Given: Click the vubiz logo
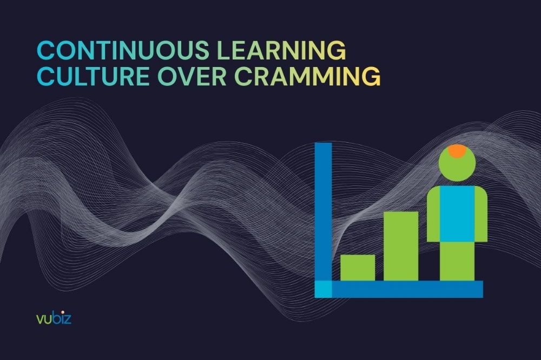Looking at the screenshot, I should point(54,318).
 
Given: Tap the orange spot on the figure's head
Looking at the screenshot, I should point(457,151).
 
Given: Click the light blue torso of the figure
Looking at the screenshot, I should point(457,214).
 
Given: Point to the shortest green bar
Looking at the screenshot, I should point(358,268).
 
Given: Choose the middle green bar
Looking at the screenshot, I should point(401,246).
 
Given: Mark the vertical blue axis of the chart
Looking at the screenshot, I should point(323,211).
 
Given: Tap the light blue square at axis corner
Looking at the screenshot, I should point(323,289).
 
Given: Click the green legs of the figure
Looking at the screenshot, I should point(457,261).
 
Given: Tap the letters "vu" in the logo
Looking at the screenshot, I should point(43,319).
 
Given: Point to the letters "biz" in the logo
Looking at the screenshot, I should point(62,318).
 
